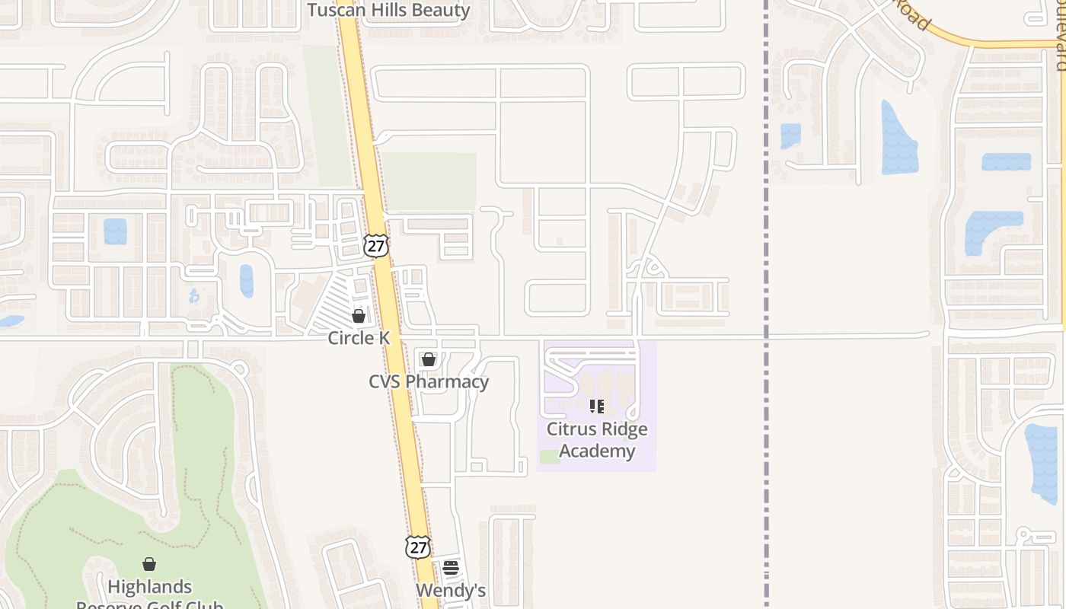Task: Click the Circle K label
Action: tap(359, 337)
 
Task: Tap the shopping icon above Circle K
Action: tap(359, 315)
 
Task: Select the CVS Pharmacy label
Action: tap(429, 381)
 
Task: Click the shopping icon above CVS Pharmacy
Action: tap(429, 359)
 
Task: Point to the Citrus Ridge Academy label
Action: tap(597, 440)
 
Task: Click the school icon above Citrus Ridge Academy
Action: tap(597, 407)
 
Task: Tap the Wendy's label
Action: tap(451, 591)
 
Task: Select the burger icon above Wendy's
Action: tap(451, 568)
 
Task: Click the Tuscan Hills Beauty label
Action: tap(388, 10)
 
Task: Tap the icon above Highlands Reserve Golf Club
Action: tap(149, 564)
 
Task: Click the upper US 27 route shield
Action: tap(376, 246)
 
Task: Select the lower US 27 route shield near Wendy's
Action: tap(417, 547)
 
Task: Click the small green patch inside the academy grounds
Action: tap(550, 457)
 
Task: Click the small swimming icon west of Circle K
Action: tap(194, 296)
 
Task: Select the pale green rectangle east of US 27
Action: tap(429, 181)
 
